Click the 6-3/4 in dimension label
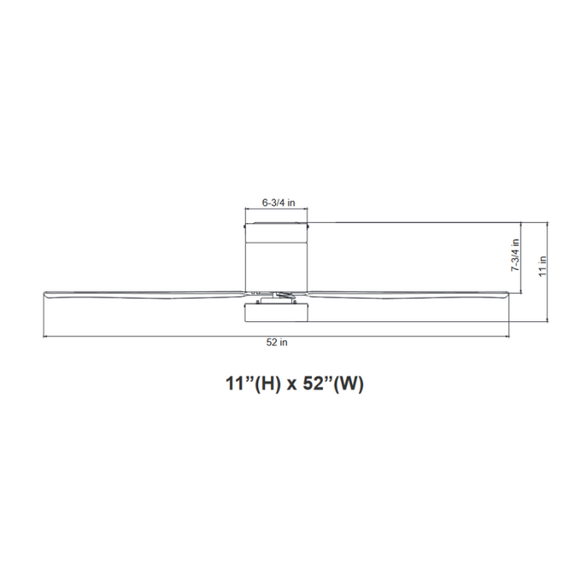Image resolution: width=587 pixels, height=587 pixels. [x=278, y=202]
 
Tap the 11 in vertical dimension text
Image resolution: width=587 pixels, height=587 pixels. [x=543, y=266]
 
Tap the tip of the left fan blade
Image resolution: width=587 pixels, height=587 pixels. [x=45, y=293]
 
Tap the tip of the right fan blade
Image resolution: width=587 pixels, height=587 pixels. [x=508, y=293]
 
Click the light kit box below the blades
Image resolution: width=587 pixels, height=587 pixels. [x=277, y=313]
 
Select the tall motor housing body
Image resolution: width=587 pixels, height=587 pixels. [x=277, y=256]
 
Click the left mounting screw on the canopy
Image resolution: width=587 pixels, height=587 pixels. [x=244, y=225]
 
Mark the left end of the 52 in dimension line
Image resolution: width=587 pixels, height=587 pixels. [x=44, y=336]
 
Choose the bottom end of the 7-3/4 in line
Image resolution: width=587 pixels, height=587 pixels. [x=522, y=294]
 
